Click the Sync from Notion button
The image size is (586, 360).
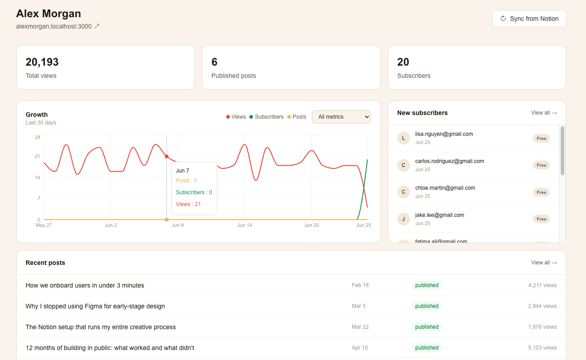529,19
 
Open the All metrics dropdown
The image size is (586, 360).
341,117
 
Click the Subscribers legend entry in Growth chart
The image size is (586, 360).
267,117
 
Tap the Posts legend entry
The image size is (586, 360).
297,117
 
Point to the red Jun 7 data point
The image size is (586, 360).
167,157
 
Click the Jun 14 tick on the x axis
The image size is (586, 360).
245,225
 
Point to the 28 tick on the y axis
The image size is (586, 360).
38,137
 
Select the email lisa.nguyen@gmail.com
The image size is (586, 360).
444,134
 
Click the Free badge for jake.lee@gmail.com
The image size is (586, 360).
541,219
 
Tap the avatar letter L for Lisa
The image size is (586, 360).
403,138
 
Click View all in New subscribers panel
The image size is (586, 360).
544,113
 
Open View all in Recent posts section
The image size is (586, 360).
544,263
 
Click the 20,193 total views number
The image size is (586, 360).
42,62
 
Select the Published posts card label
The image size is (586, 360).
233,76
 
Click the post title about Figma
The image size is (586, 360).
95,306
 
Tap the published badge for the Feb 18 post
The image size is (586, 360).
427,285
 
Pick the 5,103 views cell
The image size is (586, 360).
542,348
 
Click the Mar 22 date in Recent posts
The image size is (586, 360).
360,327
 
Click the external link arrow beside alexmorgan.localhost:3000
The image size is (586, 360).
97,26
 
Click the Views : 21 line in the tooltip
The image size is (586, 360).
188,204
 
